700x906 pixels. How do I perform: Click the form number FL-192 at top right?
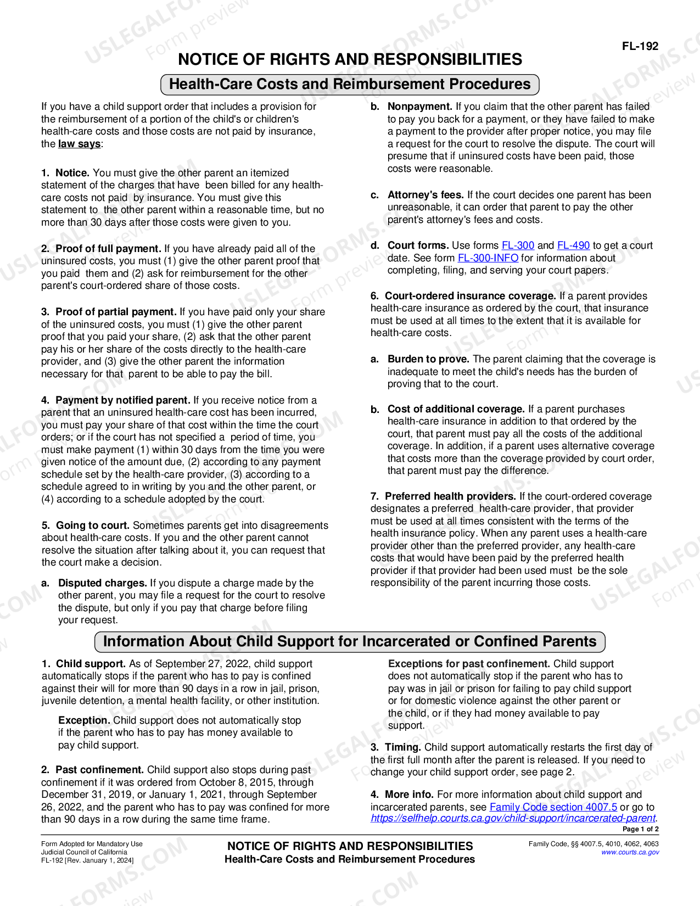click(640, 46)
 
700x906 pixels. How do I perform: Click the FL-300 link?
click(518, 245)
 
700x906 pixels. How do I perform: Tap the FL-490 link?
click(573, 245)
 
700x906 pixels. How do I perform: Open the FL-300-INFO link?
click(488, 258)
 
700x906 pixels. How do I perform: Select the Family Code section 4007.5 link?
click(553, 807)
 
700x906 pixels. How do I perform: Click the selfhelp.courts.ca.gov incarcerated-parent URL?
click(513, 818)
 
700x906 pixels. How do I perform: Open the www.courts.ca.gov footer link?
click(630, 852)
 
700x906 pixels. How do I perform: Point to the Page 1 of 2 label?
click(640, 829)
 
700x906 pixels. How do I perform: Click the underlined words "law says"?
click(79, 144)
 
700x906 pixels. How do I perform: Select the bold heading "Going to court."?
click(92, 525)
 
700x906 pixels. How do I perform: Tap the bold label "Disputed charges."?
click(102, 583)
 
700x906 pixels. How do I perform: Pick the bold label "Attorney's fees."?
click(425, 195)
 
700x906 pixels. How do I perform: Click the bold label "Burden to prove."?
click(428, 359)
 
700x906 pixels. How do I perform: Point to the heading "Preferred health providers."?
click(450, 496)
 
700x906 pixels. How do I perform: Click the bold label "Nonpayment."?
click(419, 107)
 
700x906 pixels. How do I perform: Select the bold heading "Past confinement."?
click(99, 770)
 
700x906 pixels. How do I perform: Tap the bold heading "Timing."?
click(402, 747)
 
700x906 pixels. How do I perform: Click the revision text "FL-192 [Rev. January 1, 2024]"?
click(87, 860)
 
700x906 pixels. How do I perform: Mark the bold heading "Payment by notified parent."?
click(122, 400)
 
